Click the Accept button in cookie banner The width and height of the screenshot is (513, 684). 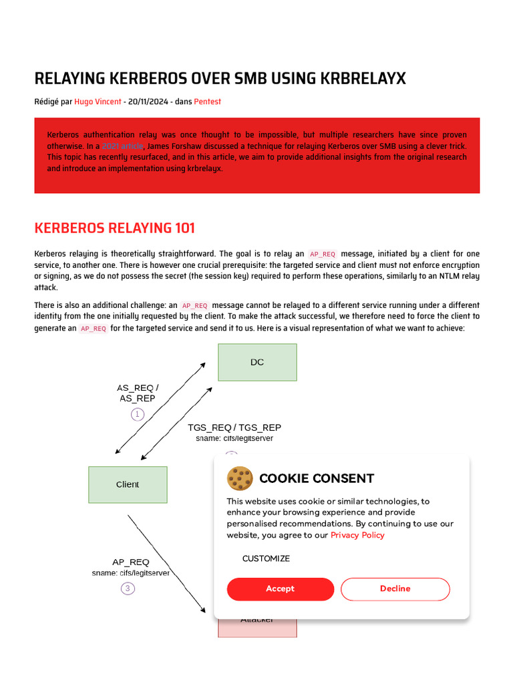pos(280,588)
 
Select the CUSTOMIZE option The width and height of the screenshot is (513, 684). pos(266,558)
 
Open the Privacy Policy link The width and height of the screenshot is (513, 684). pos(357,535)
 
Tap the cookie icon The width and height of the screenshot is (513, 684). pos(240,479)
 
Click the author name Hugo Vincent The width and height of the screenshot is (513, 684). pos(98,102)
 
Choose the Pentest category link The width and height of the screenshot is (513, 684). pos(207,102)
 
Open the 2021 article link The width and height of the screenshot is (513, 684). pos(122,146)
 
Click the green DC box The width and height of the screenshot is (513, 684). pos(257,362)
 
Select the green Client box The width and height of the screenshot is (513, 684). pos(128,484)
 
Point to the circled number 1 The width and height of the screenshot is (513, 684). pos(138,414)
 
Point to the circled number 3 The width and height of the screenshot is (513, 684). pos(128,588)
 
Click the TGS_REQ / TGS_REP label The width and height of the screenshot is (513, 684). pos(234,427)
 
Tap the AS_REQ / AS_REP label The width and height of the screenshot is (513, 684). pos(137,393)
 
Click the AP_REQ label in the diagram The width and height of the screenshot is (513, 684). pos(130,562)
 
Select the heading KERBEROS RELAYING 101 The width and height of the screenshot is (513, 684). pos(114,228)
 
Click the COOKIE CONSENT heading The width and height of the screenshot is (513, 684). pos(316,478)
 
